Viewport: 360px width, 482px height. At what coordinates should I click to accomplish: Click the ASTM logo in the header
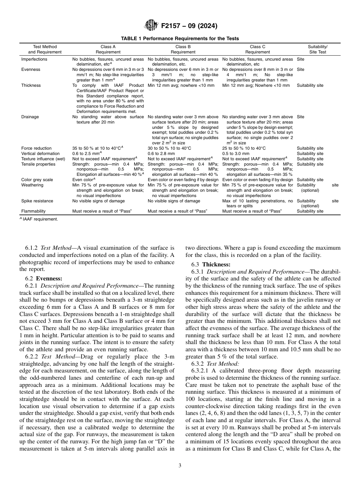[152, 26]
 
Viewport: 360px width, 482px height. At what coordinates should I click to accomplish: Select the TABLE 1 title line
[180, 39]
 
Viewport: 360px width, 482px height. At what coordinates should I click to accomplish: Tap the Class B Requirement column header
[183, 49]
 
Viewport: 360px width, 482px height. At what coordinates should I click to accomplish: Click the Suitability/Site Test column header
[318, 49]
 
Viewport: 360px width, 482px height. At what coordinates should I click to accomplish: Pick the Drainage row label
[30, 117]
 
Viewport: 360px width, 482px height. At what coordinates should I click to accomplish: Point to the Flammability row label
[33, 211]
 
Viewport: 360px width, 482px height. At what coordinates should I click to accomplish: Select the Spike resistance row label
[37, 201]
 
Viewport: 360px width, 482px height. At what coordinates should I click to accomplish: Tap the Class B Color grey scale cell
[183, 180]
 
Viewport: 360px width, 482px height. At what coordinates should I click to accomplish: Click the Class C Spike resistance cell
[257, 203]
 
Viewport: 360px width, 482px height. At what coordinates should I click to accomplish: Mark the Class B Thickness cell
[181, 86]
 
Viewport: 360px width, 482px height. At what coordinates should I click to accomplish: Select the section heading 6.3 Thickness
[211, 264]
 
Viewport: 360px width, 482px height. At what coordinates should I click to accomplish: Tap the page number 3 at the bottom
[180, 466]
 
